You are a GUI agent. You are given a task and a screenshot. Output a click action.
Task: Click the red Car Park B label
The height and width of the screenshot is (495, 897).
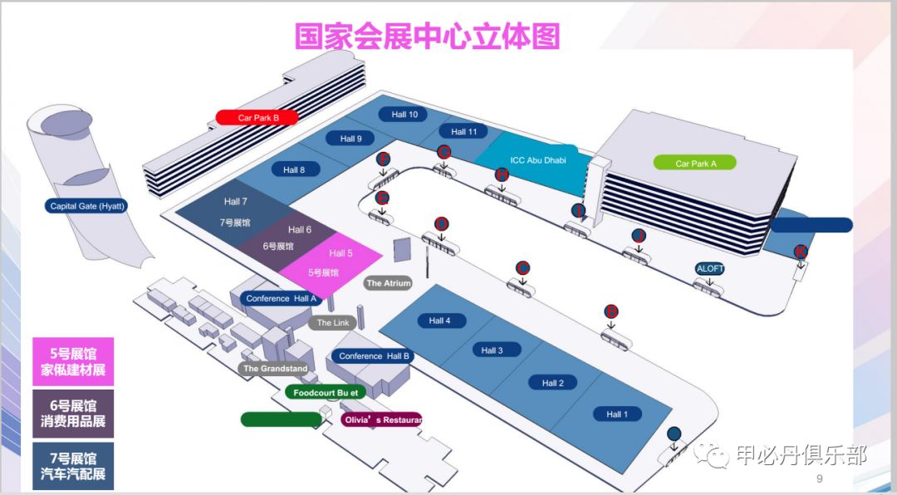(x=257, y=117)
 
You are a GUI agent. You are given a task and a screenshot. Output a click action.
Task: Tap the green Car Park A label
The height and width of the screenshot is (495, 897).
(x=695, y=163)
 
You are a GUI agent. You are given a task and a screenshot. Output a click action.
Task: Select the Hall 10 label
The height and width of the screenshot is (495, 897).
(x=404, y=114)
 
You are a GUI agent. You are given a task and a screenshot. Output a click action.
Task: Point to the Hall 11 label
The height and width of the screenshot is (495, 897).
(x=464, y=131)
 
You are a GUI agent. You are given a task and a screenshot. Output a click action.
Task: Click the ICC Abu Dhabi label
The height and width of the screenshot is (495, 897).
(x=537, y=159)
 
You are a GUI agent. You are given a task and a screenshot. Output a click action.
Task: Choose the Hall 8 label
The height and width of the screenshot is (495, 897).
(x=295, y=169)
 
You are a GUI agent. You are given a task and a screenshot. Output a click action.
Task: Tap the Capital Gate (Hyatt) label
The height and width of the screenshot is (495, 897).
(x=87, y=206)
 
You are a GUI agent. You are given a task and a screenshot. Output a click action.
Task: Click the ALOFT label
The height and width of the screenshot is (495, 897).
(x=710, y=268)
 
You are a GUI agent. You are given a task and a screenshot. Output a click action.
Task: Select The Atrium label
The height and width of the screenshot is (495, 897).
(x=388, y=283)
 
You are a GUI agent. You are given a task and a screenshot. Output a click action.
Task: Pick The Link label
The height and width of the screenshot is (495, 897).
(x=333, y=323)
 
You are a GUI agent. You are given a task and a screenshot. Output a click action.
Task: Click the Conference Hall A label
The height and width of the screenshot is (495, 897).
(x=282, y=298)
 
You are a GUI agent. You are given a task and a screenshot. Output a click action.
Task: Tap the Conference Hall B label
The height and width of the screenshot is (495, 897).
(x=374, y=355)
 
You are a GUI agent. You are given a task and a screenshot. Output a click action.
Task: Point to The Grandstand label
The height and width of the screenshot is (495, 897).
(x=274, y=368)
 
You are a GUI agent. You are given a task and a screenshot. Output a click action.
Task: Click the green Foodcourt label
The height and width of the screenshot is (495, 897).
(x=326, y=392)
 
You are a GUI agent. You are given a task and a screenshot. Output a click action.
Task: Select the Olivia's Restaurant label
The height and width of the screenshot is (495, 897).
(x=381, y=419)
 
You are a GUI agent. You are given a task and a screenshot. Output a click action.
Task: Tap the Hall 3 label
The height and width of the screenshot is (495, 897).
(x=493, y=350)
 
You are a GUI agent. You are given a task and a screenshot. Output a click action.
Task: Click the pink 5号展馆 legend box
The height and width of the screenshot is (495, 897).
(x=73, y=361)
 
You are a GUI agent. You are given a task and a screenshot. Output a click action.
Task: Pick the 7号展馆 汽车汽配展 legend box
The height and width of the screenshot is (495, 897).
(x=73, y=466)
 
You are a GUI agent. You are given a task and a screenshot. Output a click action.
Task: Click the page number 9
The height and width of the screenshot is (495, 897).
(x=819, y=479)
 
